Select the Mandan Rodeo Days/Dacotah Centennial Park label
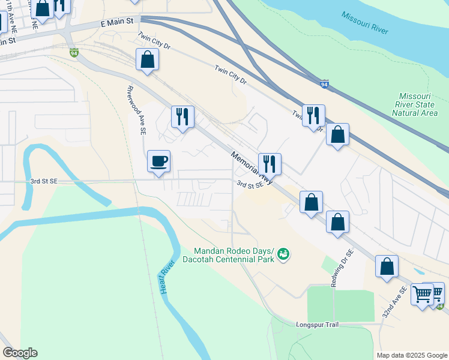pyautogui.click(x=234, y=255)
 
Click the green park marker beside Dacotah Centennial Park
pyautogui.click(x=283, y=255)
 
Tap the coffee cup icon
pyautogui.click(x=159, y=161)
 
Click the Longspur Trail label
pyautogui.click(x=318, y=325)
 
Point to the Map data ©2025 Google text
pyautogui.click(x=411, y=355)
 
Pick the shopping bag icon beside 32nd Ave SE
pyautogui.click(x=387, y=266)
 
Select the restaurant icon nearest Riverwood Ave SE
pyautogui.click(x=182, y=116)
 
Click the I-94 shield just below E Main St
pyautogui.click(x=74, y=53)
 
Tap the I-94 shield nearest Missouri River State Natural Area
pyautogui.click(x=324, y=84)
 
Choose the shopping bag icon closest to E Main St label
pyautogui.click(x=147, y=60)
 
